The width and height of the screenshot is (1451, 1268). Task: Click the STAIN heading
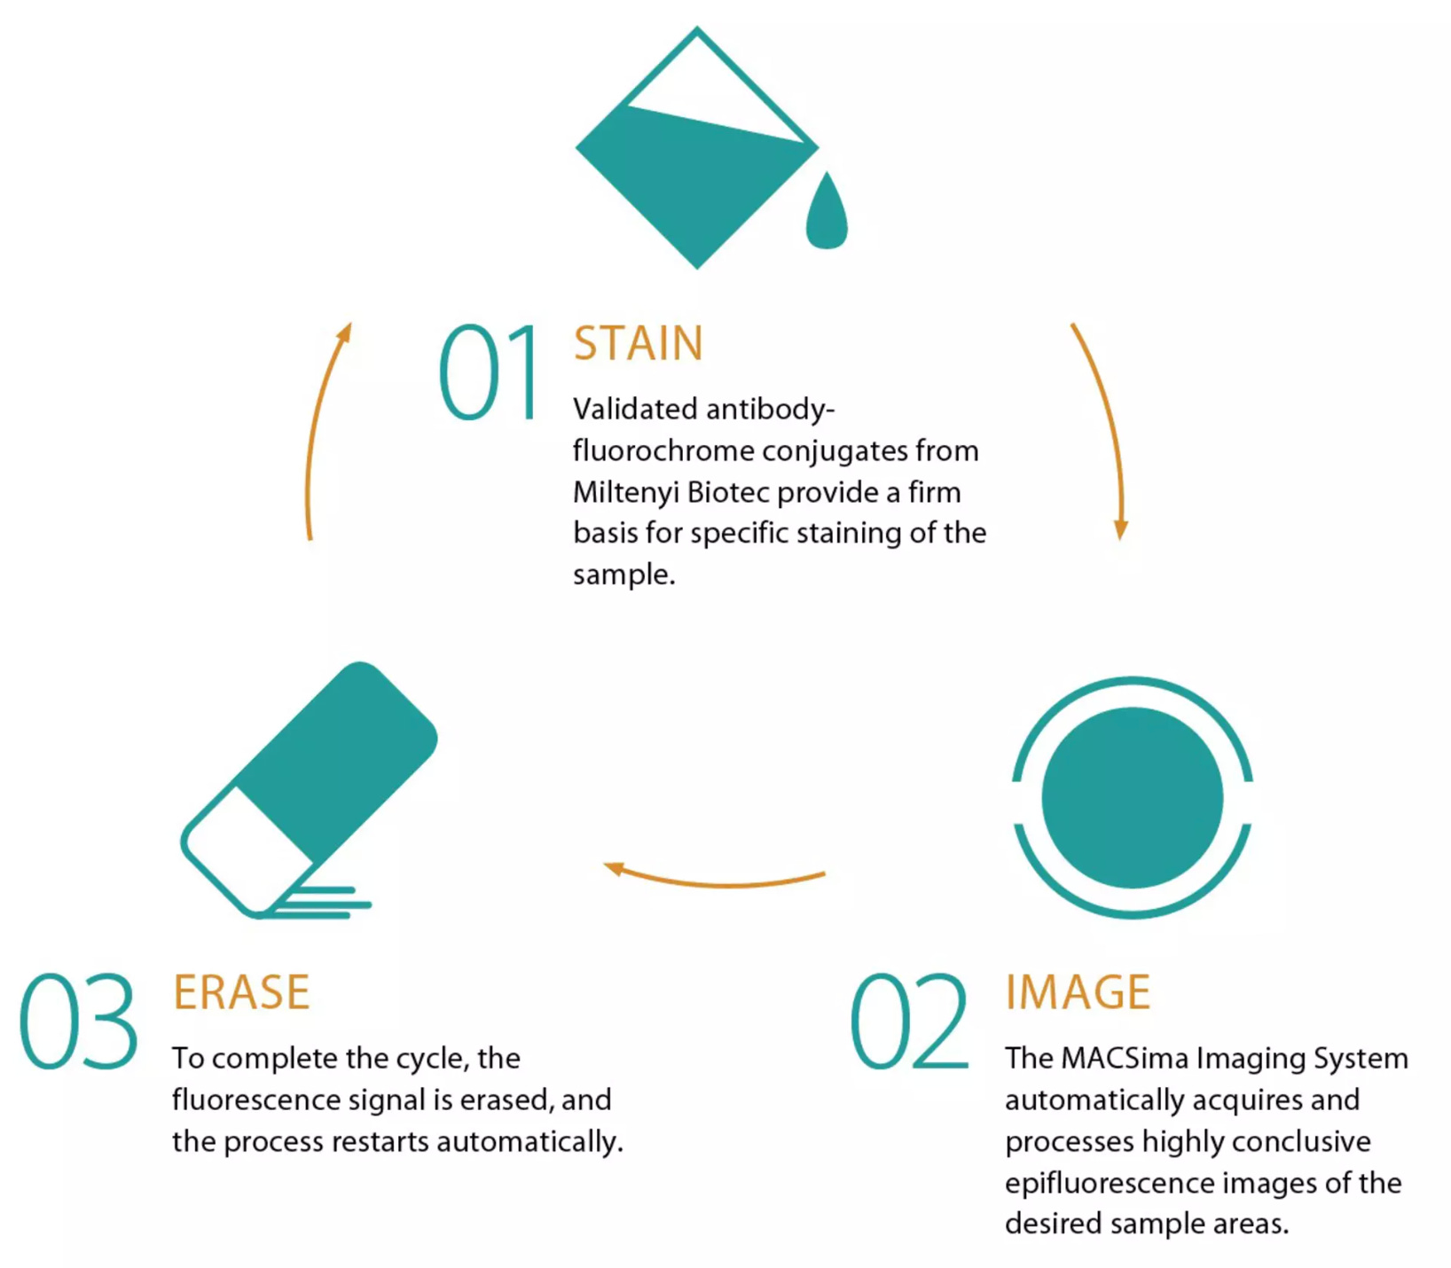[638, 344]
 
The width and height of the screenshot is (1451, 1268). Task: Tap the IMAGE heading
[1077, 992]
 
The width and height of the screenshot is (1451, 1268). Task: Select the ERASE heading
[241, 992]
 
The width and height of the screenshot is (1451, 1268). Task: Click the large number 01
[490, 372]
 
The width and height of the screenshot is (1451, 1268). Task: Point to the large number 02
[908, 1021]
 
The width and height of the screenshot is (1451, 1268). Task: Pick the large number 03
[78, 1021]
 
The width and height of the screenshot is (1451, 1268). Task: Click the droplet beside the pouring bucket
[826, 213]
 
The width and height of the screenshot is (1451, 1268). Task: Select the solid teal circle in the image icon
[1132, 797]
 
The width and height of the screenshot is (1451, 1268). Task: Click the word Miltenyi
[625, 492]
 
